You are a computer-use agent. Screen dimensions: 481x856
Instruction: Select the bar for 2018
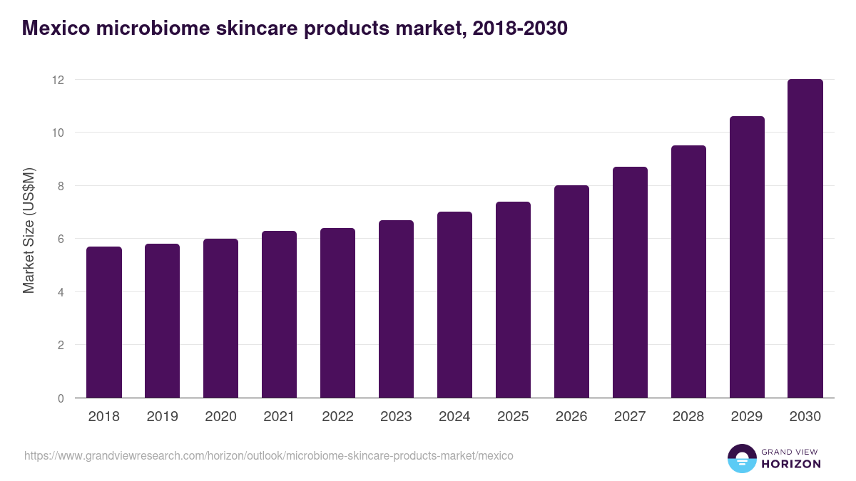(104, 322)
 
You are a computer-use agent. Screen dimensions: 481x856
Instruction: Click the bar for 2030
(805, 239)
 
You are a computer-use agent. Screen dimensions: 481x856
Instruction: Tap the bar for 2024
(454, 305)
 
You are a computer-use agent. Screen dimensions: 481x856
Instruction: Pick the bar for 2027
(630, 282)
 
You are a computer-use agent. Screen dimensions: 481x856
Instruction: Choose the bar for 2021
(279, 314)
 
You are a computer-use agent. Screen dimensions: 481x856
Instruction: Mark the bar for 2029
(747, 257)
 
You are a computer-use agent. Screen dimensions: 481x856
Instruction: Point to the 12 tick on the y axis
(58, 80)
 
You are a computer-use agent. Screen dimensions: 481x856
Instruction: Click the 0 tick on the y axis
(61, 398)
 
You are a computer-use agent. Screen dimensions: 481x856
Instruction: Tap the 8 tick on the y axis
(61, 186)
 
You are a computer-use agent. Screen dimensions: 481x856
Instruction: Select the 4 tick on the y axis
(61, 292)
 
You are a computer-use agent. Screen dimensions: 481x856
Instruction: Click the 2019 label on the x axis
(163, 417)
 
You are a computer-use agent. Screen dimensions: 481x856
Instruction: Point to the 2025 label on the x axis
(513, 417)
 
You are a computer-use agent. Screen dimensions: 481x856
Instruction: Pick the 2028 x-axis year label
(688, 417)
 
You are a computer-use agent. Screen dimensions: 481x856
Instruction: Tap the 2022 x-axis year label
(337, 417)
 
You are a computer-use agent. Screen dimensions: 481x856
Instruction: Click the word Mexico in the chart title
(54, 29)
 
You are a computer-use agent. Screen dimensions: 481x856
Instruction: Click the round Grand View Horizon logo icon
(742, 459)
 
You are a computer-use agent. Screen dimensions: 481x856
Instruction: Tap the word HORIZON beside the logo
(792, 464)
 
